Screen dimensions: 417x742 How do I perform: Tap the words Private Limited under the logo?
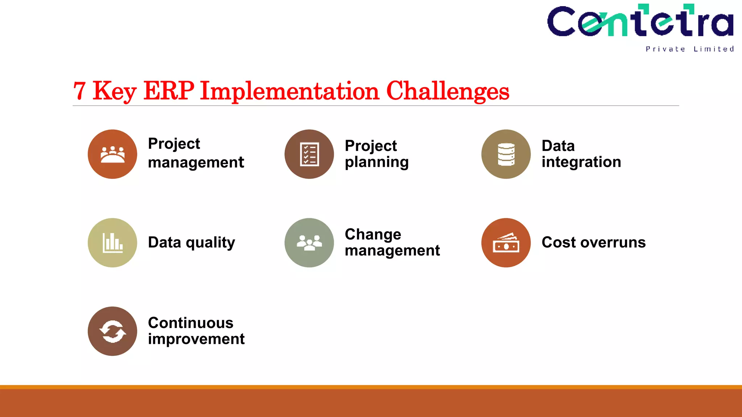point(689,49)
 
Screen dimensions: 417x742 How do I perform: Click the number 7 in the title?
point(80,91)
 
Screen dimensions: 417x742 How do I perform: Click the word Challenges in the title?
point(448,91)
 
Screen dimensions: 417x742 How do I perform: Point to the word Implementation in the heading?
point(289,91)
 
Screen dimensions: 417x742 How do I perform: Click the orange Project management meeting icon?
point(112,154)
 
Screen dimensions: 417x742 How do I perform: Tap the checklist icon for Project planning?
point(309,154)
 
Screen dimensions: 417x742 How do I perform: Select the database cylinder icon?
point(506,154)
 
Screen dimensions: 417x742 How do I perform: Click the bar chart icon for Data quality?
point(112,243)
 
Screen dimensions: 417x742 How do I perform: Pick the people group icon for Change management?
point(309,243)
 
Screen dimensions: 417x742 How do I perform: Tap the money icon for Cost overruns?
point(506,243)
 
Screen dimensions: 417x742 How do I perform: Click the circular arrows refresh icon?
point(112,331)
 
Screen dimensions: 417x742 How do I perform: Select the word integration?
point(581,162)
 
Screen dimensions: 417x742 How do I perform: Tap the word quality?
point(210,243)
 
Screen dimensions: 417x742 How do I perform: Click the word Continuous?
point(191,323)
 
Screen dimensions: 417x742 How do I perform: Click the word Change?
point(373,235)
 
